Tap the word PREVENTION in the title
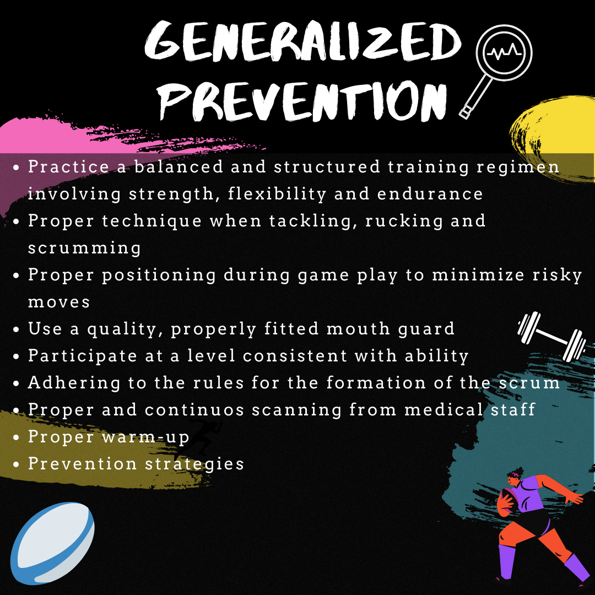click(x=303, y=101)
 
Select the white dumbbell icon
click(x=551, y=337)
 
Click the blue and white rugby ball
click(x=52, y=543)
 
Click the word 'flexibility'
click(x=277, y=194)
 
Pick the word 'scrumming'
click(x=84, y=248)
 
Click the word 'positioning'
click(x=159, y=275)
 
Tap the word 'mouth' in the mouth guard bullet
click(x=358, y=328)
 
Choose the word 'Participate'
click(x=82, y=356)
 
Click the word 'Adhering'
click(x=74, y=383)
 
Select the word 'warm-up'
click(x=145, y=437)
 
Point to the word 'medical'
click(x=443, y=410)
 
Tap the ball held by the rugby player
click(x=506, y=502)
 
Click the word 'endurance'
click(x=430, y=194)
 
